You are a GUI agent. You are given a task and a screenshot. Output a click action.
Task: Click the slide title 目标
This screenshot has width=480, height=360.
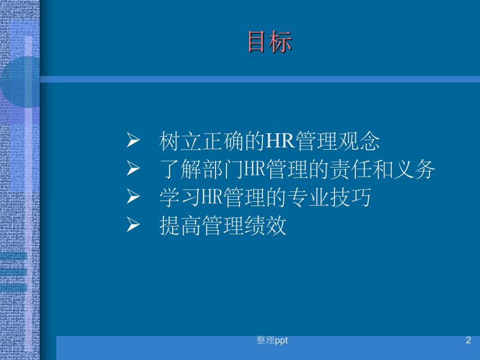[x=270, y=42]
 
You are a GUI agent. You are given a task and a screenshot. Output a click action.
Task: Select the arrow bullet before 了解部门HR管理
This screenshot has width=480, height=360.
[x=134, y=169]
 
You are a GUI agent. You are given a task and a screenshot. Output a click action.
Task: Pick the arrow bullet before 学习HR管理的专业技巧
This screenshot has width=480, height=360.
[x=134, y=197]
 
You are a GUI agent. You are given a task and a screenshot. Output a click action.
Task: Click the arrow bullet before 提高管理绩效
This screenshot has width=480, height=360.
[x=134, y=225]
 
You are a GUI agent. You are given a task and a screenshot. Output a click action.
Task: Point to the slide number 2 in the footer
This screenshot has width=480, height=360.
[x=468, y=341]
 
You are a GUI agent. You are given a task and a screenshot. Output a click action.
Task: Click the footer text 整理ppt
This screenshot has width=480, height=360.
[x=272, y=341]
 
